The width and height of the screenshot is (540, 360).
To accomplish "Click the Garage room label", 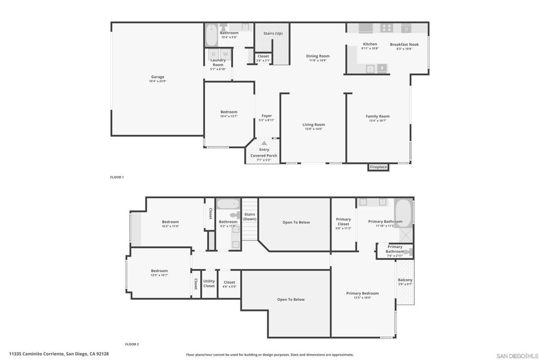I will click(158, 77).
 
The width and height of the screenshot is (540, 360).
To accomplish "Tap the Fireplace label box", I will click(378, 167).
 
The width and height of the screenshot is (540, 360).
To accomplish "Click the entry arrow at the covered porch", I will click(264, 143).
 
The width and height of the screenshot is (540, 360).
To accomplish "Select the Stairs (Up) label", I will click(273, 33).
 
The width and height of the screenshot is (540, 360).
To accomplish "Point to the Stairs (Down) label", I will click(249, 217).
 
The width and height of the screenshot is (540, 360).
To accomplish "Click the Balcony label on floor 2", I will click(405, 280).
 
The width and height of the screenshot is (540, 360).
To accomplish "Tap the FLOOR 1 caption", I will click(117, 177).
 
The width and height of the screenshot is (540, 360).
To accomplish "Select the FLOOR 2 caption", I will click(132, 344).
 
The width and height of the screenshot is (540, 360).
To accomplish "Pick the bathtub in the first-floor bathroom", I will click(211, 35).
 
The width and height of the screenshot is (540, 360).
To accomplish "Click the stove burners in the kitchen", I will click(387, 28).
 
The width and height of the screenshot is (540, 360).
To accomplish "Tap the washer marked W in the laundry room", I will click(225, 54).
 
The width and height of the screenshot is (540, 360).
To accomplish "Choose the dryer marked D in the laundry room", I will click(214, 54).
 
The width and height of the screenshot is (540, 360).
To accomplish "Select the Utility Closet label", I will click(209, 284).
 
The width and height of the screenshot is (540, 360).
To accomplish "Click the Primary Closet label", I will click(343, 221).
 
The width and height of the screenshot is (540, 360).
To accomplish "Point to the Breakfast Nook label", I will click(404, 45).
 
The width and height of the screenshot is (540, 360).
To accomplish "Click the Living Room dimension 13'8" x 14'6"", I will click(313, 129).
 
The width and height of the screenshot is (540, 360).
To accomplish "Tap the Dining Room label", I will click(317, 56).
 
